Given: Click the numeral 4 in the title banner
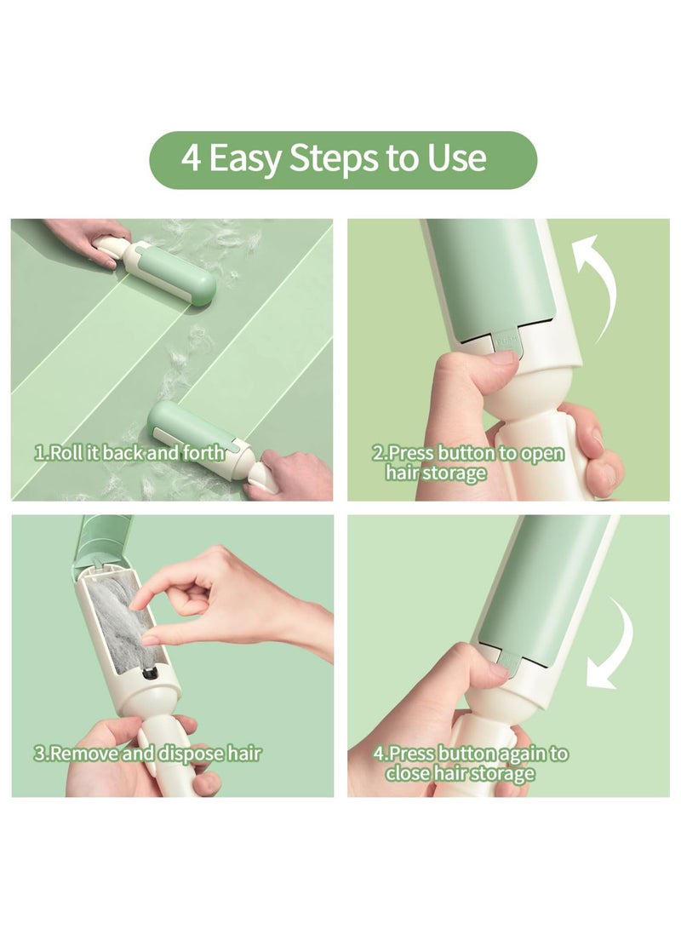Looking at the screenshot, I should tap(192, 159).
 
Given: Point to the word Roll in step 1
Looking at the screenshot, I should tap(65, 453).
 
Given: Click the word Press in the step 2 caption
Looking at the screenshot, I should tap(413, 453).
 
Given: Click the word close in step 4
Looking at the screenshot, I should tap(406, 773).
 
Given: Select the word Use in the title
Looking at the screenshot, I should tap(459, 160).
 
